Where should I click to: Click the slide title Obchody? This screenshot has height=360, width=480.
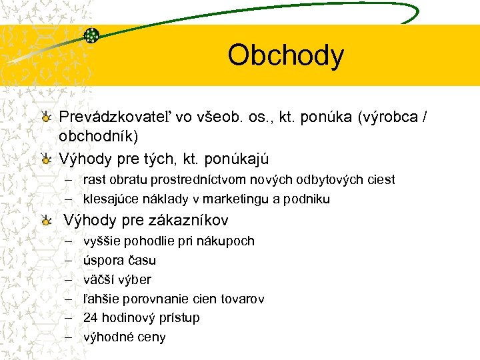(x=285, y=55)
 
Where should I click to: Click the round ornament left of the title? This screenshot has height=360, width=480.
(x=91, y=35)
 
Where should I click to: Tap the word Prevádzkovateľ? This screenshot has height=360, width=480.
(x=116, y=117)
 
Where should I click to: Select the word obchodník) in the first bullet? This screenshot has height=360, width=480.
(x=99, y=137)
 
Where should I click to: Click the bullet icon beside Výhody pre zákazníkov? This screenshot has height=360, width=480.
(x=45, y=221)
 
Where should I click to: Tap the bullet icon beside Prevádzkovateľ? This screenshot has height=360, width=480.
(x=45, y=118)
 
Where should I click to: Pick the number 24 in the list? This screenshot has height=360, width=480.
(x=90, y=317)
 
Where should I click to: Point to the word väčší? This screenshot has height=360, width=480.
(x=97, y=279)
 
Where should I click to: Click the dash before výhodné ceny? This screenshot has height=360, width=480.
(x=68, y=337)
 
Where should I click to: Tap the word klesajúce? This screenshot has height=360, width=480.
(x=109, y=199)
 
